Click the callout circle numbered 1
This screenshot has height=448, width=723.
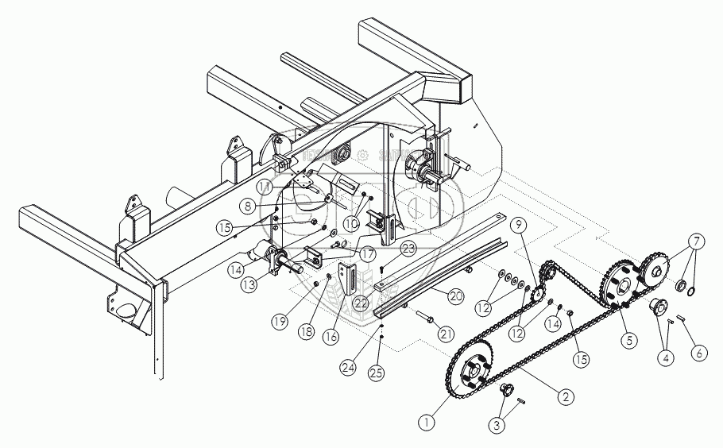429,422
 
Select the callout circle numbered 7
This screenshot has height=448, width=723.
696,239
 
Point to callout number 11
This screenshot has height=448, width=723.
265,185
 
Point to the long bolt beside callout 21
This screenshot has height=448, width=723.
421,318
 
